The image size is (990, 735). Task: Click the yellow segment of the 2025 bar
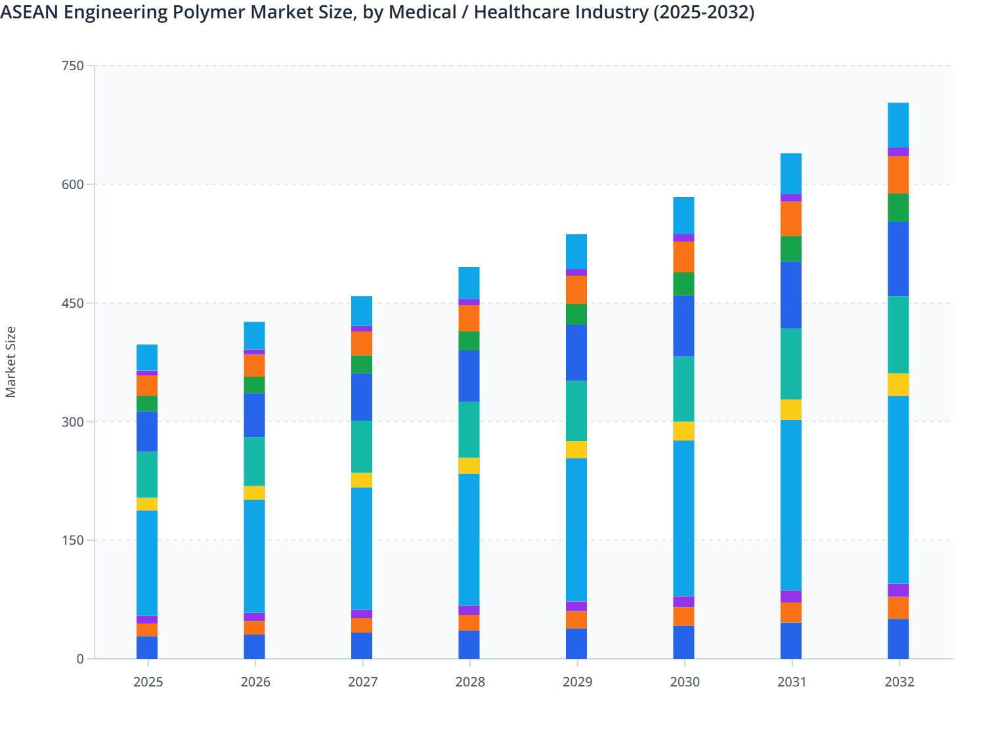click(x=147, y=504)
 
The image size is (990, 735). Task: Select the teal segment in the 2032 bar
click(x=898, y=335)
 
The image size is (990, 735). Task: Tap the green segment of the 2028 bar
click(x=469, y=341)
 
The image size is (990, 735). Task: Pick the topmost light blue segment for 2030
click(x=683, y=215)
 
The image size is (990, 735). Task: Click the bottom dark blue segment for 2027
click(x=362, y=645)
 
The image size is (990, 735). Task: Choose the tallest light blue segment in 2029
click(x=576, y=530)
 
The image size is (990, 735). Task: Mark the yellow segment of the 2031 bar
click(x=791, y=409)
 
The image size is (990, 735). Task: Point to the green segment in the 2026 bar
click(x=254, y=385)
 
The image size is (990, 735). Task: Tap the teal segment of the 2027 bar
click(x=362, y=447)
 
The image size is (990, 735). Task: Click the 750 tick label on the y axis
click(x=74, y=66)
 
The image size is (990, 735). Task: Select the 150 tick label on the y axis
click(x=74, y=540)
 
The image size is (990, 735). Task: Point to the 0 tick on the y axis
click(x=80, y=659)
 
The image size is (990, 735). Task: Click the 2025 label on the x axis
click(x=148, y=682)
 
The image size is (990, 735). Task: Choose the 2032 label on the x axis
click(x=899, y=682)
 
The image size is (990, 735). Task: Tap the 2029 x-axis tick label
click(x=577, y=682)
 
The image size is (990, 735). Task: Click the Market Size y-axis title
click(x=11, y=362)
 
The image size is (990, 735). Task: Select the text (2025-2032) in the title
click(x=704, y=12)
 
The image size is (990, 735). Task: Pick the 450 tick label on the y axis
click(x=74, y=303)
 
